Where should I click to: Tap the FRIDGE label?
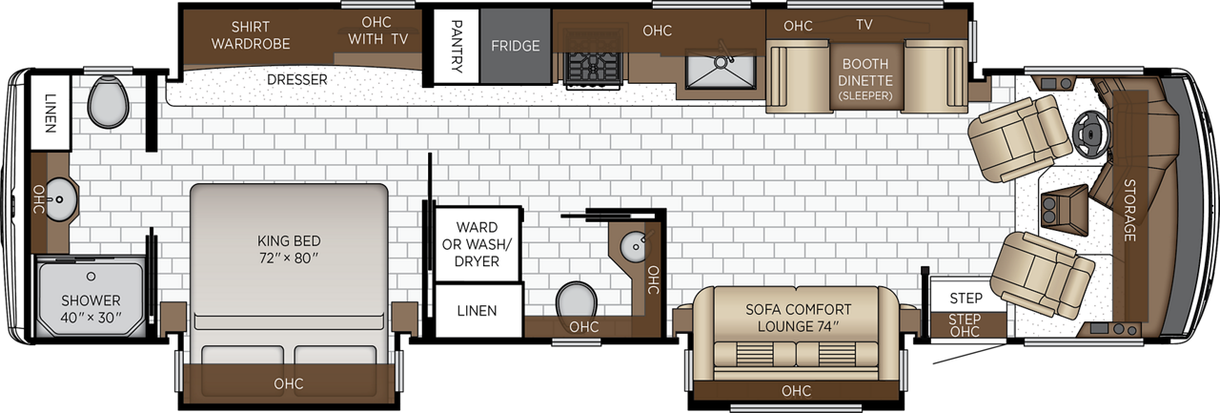pos(516,46)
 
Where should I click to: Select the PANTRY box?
pos(457,46)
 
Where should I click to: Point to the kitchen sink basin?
pos(720,70)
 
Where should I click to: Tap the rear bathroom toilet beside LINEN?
pos(108,102)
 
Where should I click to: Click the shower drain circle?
pos(91,277)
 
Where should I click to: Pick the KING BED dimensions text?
pos(289,258)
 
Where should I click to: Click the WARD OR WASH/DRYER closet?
pos(477,243)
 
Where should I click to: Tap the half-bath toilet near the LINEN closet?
pos(576,300)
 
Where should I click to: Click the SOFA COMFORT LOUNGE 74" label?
pos(798,318)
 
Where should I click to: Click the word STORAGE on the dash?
pos(1128,210)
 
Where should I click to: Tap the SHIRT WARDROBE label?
pos(251,35)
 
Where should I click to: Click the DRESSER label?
pos(296,79)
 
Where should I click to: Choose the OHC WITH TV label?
pos(377,31)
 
